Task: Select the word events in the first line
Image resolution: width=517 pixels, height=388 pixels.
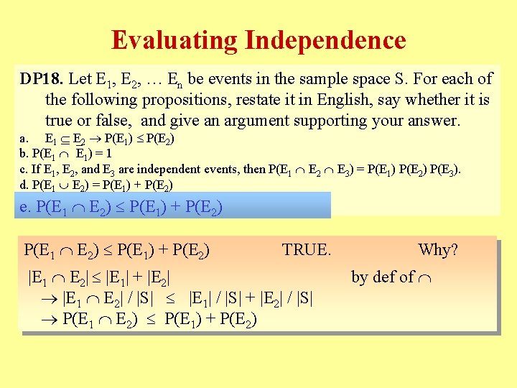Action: pos(225,79)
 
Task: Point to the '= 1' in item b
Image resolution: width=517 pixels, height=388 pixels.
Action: pos(101,154)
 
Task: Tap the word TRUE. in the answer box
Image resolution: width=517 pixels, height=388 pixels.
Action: pos(307,250)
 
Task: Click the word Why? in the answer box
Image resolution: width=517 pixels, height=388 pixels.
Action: pos(437,250)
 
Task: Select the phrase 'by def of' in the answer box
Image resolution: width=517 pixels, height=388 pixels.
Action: pos(383,277)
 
